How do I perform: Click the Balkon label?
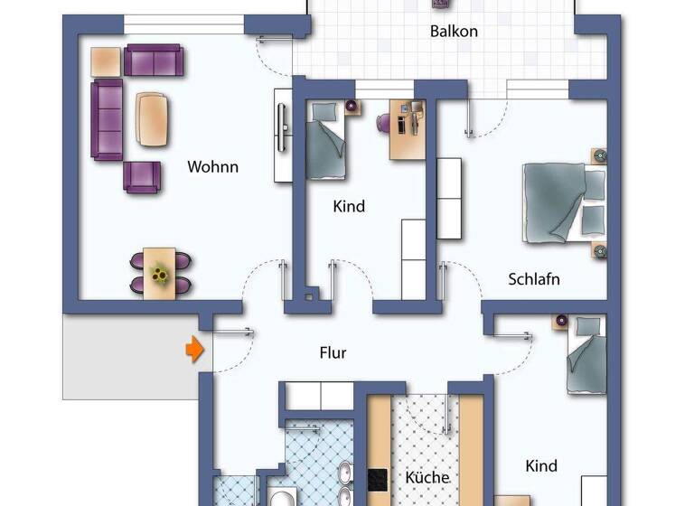pos(454,32)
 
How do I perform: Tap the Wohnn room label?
pos(212,166)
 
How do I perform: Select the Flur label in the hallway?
pos(333,353)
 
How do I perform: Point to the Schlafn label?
pos(533,279)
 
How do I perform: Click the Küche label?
pos(427,477)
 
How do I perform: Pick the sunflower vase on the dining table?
pos(161,274)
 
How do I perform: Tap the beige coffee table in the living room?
pos(153,118)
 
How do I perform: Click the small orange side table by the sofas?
pos(106,61)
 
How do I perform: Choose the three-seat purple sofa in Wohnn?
pos(108,118)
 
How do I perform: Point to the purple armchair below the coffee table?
pos(142,177)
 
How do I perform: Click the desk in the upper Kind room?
pos(407,132)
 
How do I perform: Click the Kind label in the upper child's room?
pos(349,206)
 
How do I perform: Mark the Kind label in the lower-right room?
pos(541,466)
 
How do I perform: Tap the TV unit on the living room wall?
pos(282,136)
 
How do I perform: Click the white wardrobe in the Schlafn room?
pos(449,199)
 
